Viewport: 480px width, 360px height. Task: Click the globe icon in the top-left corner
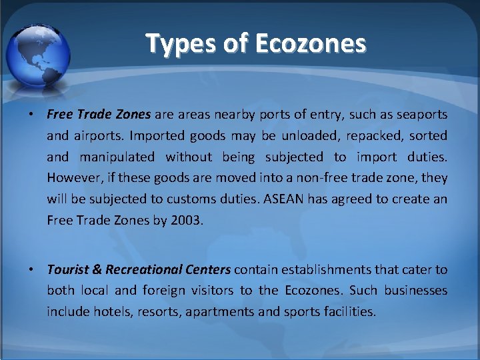(39, 50)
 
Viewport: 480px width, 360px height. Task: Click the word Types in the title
(175, 44)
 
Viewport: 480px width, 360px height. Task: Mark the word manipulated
(117, 157)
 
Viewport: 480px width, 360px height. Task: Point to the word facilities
(349, 312)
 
